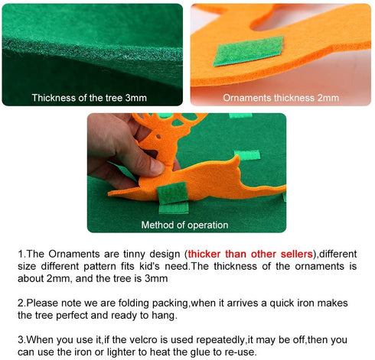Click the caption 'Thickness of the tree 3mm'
(90, 98)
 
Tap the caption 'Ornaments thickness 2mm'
(281, 98)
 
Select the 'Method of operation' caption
(184, 225)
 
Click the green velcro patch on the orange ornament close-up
(249, 50)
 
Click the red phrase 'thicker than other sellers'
(250, 254)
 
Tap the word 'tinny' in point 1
(134, 255)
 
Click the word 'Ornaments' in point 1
(74, 254)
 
